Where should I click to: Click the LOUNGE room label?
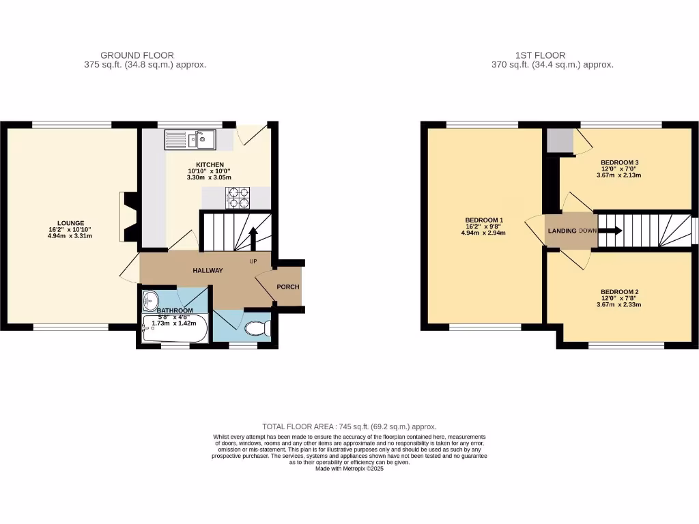tap(70, 222)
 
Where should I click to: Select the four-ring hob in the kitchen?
tap(238, 198)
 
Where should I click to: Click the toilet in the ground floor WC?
tap(257, 329)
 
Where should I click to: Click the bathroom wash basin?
tap(150, 300)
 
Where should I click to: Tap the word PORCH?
tap(287, 287)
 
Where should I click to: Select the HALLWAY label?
tap(208, 270)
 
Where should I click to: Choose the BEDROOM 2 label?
tap(620, 292)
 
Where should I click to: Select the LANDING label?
tap(562, 231)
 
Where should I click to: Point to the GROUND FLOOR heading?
tap(137, 55)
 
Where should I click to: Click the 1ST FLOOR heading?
tap(541, 55)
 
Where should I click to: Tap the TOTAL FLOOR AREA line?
tap(349, 426)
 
